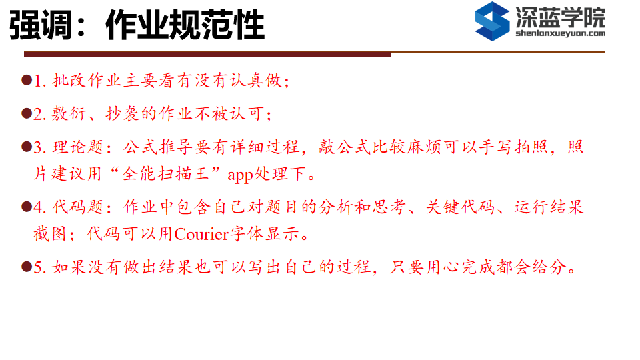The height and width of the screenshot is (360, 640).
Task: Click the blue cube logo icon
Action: tap(492, 21)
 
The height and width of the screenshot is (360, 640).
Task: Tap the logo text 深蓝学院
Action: tap(561, 17)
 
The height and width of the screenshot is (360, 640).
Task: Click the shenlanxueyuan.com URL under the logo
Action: tap(561, 33)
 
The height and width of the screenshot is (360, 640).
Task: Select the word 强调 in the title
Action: tap(41, 25)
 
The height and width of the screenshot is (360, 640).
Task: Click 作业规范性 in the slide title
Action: tap(185, 25)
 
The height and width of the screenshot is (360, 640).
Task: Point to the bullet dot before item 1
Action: tap(27, 79)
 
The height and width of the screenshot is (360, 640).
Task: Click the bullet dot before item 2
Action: tap(27, 113)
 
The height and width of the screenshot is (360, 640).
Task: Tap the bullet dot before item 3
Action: tap(27, 147)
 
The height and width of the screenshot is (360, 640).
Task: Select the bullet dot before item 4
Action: tap(27, 207)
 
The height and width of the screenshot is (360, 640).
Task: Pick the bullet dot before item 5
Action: tap(27, 267)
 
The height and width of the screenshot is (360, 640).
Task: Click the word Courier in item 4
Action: tap(201, 234)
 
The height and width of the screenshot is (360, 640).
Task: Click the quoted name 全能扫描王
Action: tap(166, 174)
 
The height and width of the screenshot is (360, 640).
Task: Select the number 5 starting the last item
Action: tap(38, 267)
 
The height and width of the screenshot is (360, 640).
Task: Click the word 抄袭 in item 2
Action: tap(123, 113)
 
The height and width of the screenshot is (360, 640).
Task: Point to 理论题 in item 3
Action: tap(78, 147)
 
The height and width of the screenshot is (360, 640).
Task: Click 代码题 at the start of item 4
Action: tap(78, 207)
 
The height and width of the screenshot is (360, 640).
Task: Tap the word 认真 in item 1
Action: tap(247, 80)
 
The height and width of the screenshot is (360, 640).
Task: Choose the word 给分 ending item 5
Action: tap(549, 267)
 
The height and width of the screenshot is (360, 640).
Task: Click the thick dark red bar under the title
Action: tap(207, 54)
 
